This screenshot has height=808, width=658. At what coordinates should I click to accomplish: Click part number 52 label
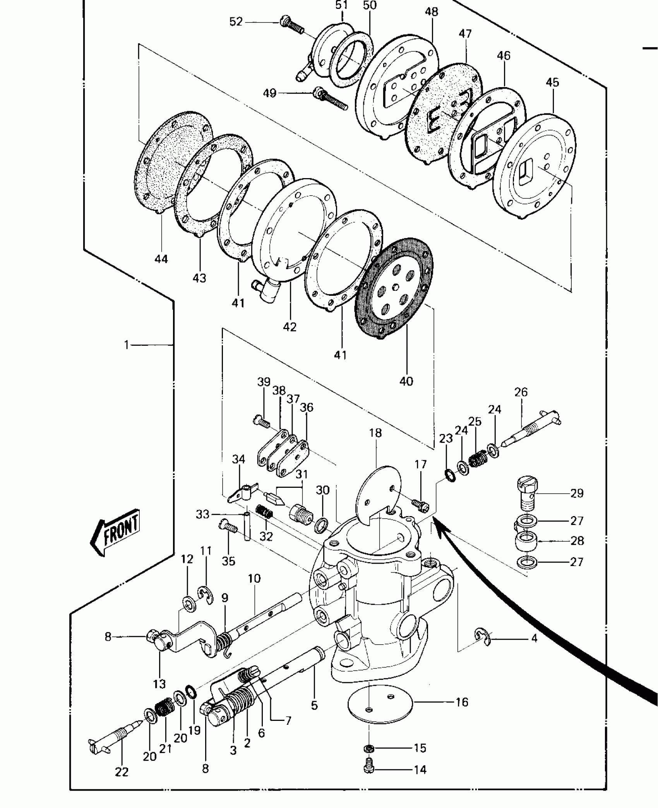pyautogui.click(x=236, y=22)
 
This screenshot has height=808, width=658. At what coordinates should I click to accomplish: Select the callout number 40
pyautogui.click(x=406, y=381)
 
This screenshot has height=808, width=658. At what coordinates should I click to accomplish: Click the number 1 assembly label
pyautogui.click(x=127, y=344)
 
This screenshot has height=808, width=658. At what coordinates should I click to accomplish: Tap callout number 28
pyautogui.click(x=577, y=540)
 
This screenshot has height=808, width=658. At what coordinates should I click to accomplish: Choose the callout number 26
pyautogui.click(x=521, y=392)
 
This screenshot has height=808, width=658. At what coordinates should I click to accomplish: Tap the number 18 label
pyautogui.click(x=375, y=432)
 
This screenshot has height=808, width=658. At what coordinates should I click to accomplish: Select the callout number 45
pyautogui.click(x=552, y=82)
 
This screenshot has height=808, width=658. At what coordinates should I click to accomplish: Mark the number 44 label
pyautogui.click(x=161, y=259)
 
